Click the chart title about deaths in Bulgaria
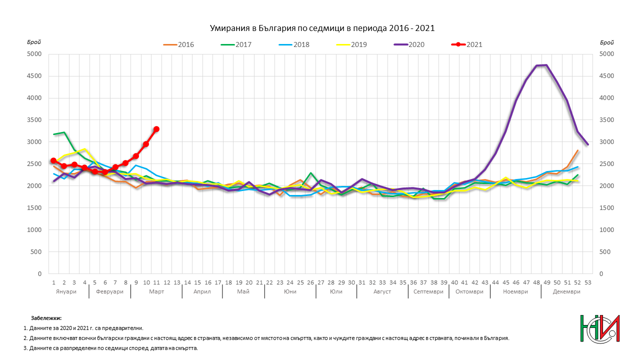(321, 28)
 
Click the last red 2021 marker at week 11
(156, 129)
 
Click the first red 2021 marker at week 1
(53, 160)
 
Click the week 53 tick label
(587, 282)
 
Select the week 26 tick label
(310, 282)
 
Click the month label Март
(156, 291)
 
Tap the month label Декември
(566, 291)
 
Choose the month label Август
(382, 291)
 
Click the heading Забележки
(46, 318)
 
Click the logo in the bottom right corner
(599, 330)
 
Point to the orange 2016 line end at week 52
(577, 150)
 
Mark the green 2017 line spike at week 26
(310, 173)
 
